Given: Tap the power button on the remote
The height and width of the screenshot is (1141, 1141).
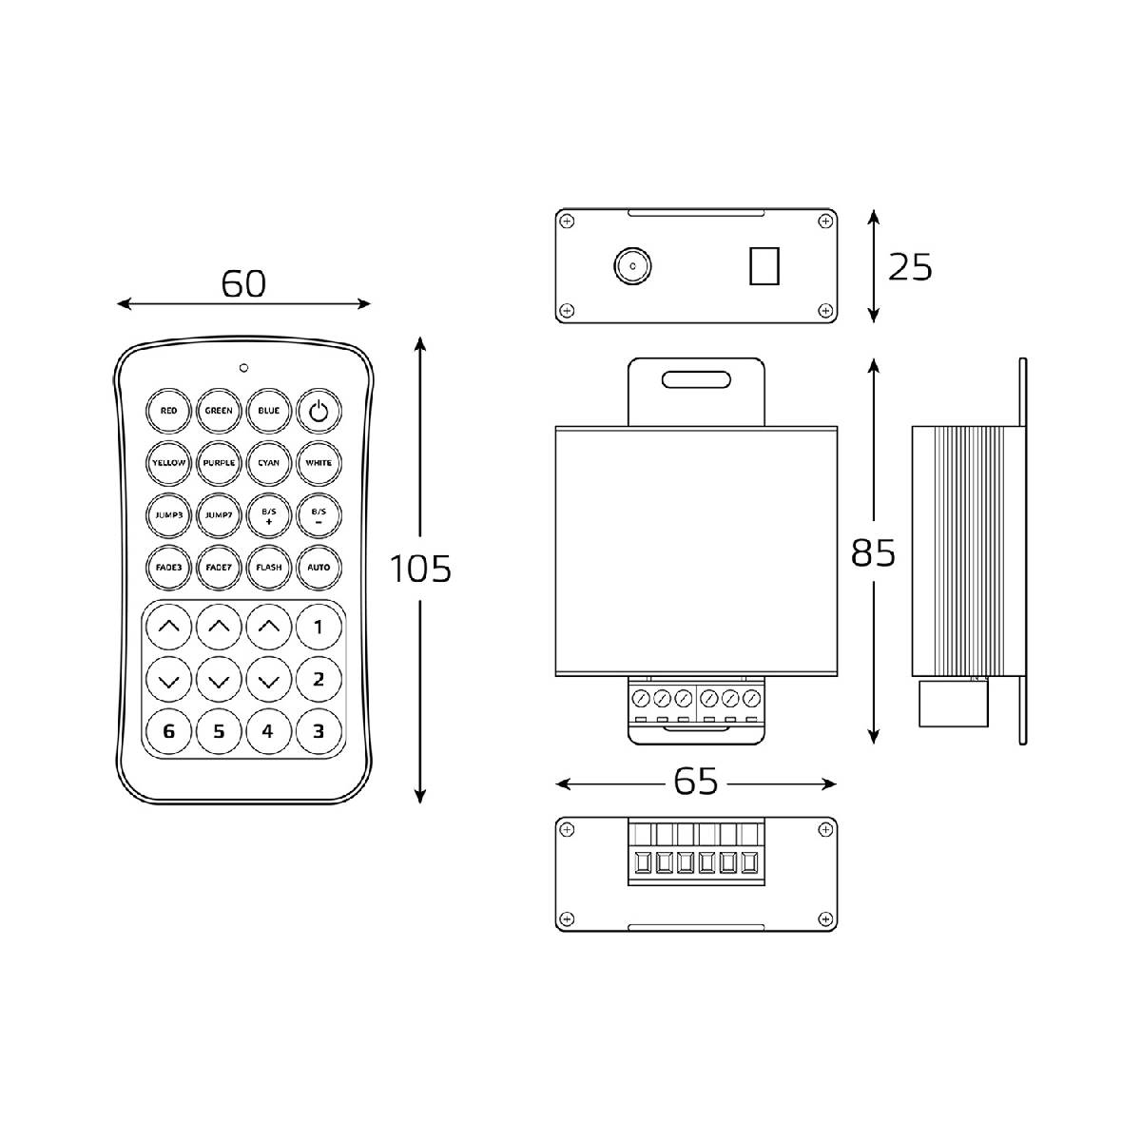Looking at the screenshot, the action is tap(319, 411).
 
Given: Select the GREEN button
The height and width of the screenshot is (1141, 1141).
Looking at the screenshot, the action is tap(219, 411).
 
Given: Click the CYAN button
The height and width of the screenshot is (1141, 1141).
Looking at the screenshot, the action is tap(269, 462).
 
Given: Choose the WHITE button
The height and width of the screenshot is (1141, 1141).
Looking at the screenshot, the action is tap(319, 462).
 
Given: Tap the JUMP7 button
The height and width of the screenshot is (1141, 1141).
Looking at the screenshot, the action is tap(219, 515).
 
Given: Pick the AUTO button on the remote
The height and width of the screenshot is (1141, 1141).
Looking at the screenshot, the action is tap(319, 568).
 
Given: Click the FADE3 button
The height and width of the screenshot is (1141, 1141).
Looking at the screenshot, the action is tap(168, 568).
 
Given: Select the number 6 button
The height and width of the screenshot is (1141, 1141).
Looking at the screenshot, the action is tap(168, 732).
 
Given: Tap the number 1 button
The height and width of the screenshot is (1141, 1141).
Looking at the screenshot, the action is tap(319, 627).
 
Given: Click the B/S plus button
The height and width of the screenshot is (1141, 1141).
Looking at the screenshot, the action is tap(269, 515).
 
